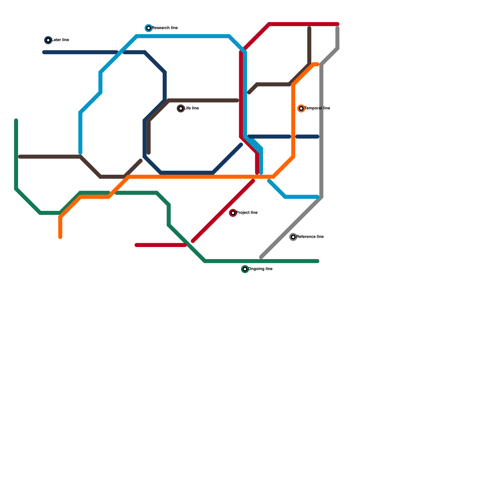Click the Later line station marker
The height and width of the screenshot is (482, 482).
(x=48, y=40)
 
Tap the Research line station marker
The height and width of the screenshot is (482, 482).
(x=149, y=28)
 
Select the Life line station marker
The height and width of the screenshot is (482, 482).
(x=181, y=108)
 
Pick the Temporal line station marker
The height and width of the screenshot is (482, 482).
(x=301, y=108)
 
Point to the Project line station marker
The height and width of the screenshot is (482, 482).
(x=233, y=213)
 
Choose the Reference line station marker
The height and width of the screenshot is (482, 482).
(x=293, y=237)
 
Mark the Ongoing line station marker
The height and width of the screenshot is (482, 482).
(x=245, y=269)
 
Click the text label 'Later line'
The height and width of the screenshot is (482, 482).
(x=60, y=40)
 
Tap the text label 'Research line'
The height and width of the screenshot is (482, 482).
(x=165, y=28)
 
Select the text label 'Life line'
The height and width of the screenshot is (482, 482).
(x=192, y=108)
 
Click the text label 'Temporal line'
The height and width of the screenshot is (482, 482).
(x=317, y=108)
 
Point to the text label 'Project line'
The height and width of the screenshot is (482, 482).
(x=247, y=213)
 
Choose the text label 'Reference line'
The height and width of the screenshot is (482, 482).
(x=310, y=237)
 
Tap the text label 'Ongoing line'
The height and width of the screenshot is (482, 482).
(x=260, y=269)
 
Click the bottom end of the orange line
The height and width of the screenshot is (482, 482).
(x=60, y=237)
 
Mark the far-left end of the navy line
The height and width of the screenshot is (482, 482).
(x=44, y=52)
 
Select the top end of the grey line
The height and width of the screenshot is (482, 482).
(x=337, y=28)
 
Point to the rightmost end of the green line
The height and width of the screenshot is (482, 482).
(x=318, y=261)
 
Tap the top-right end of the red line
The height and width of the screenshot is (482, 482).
(x=338, y=24)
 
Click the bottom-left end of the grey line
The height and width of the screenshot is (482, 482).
(x=261, y=257)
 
